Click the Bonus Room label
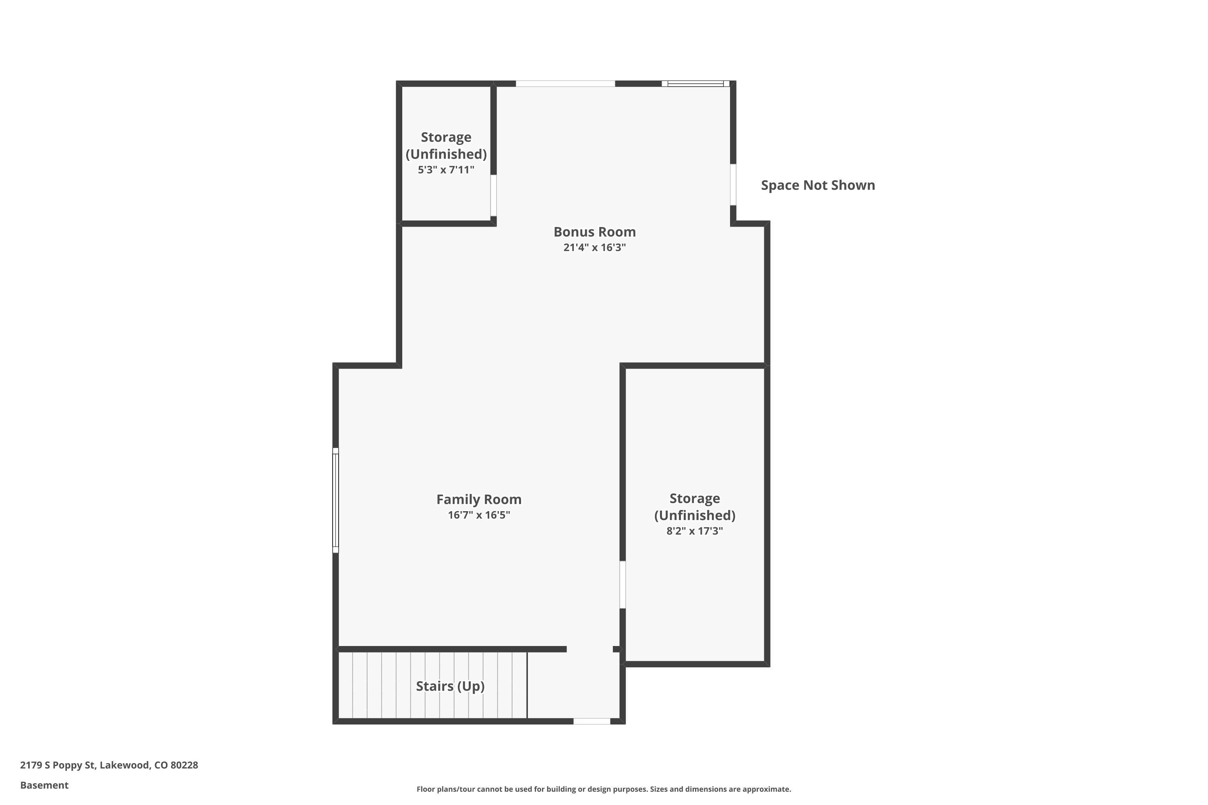click(594, 232)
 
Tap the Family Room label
click(479, 500)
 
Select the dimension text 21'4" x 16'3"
click(594, 248)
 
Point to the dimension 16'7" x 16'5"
click(479, 515)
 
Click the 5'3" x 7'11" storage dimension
click(446, 170)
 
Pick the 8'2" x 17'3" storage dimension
click(694, 531)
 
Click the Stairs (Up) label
click(450, 686)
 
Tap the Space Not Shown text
click(818, 185)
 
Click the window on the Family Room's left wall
click(335, 501)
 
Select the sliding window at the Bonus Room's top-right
click(695, 84)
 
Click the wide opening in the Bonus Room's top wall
click(565, 84)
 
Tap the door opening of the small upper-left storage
click(494, 195)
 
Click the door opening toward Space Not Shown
click(733, 185)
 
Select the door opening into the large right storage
click(623, 584)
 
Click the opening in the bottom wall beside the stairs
click(592, 721)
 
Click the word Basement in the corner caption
click(44, 785)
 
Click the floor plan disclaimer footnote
click(604, 789)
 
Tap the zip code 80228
click(184, 765)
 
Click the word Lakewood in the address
click(124, 765)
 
